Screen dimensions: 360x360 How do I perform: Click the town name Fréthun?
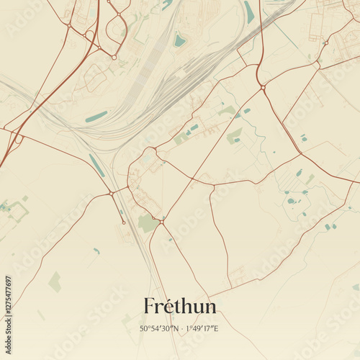(x=179, y=306)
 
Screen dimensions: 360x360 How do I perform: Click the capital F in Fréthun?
(x=149, y=306)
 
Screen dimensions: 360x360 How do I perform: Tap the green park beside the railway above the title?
(x=148, y=222)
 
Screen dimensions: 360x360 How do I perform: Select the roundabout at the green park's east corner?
(x=163, y=222)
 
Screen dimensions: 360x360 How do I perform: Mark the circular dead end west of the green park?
(x=124, y=222)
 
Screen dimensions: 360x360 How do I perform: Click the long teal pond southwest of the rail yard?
(x=96, y=117)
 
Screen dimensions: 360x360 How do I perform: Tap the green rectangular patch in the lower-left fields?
(x=55, y=282)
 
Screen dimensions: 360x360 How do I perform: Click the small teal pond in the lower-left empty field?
(x=96, y=251)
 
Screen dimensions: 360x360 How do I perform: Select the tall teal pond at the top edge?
(x=248, y=11)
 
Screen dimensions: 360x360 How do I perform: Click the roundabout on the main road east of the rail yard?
(x=264, y=88)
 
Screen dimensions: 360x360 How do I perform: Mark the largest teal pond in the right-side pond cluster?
(x=291, y=201)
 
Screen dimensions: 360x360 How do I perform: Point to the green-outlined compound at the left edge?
(x=16, y=210)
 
